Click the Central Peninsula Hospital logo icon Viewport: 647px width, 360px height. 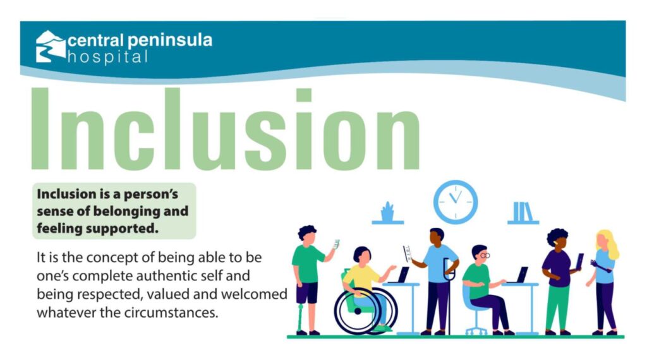51,46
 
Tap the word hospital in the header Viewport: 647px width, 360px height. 107,57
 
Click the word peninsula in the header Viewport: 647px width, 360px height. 170,41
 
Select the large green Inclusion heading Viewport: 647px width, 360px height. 226,129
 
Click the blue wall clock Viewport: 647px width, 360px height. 456,203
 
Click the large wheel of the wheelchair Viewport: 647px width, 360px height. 358,311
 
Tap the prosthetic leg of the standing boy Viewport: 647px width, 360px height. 300,318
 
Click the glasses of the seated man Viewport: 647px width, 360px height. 485,256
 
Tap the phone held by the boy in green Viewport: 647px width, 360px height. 336,244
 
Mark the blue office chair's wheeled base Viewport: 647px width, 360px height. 476,330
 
